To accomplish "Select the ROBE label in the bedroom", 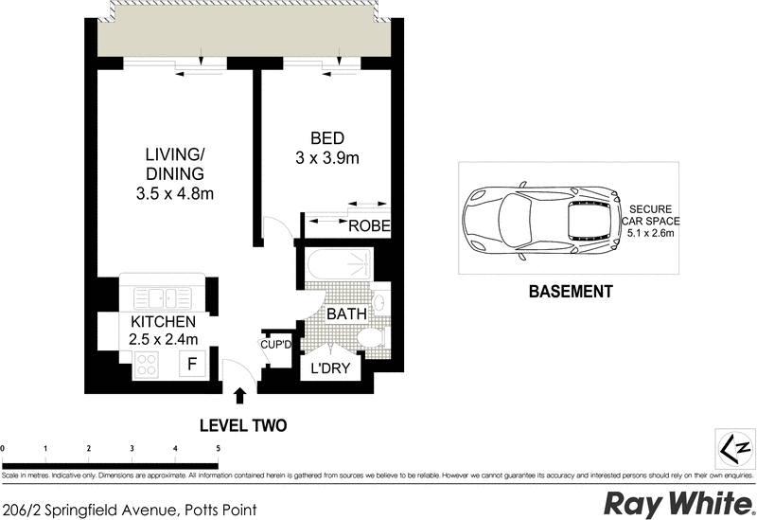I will tap(368, 226).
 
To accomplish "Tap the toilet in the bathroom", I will tap(375, 339).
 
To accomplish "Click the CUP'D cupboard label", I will tap(277, 345).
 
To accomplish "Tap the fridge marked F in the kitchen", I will tap(192, 364).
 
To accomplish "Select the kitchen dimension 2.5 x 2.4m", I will tap(163, 339).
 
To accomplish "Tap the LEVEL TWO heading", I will tap(242, 426).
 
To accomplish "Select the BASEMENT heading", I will tap(570, 292).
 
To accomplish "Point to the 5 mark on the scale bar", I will tap(219, 448).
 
